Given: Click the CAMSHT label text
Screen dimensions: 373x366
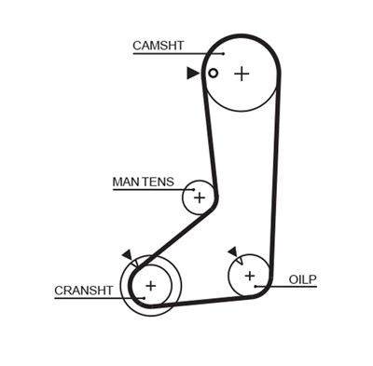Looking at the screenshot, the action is point(159,46).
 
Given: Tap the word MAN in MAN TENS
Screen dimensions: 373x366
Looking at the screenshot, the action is point(123,182).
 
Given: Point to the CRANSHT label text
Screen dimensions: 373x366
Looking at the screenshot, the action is point(84,291).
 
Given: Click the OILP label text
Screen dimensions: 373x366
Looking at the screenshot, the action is point(302,279).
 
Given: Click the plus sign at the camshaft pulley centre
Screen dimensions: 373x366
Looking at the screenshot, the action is point(242,75).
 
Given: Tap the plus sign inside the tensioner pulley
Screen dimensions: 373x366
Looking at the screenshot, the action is point(200,197).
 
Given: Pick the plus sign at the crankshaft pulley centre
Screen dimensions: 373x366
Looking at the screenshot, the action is point(151,286).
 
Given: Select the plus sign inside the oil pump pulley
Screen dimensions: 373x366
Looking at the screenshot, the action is point(250,276).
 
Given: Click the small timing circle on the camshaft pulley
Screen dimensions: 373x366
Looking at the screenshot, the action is point(213,74).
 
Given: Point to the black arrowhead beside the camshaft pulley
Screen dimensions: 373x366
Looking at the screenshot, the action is point(193,74).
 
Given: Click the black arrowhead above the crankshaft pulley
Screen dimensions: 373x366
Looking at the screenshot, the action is point(128,254).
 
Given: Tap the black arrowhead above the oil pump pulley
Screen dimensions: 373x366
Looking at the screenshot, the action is point(232,251).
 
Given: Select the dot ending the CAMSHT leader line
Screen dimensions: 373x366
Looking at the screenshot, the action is point(224,54).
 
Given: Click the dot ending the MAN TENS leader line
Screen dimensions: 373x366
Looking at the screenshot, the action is point(193,189).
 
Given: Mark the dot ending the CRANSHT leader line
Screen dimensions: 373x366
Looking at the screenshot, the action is point(144,298).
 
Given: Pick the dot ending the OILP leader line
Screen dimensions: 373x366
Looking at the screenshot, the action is point(256,286).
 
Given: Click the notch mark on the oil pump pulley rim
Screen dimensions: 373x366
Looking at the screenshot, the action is point(240,261).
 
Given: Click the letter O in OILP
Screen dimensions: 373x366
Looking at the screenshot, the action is point(294,279).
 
